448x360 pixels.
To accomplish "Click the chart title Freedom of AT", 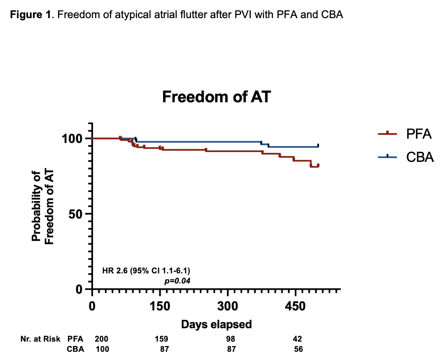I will (216, 97).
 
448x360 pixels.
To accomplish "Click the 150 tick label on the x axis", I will (160, 306).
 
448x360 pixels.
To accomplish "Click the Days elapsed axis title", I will (216, 324).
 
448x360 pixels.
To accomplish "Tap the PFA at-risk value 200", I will (101, 339).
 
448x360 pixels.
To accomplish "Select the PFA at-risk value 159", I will (161, 339).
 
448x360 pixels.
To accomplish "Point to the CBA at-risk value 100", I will (103, 349).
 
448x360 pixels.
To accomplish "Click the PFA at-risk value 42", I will (297, 339).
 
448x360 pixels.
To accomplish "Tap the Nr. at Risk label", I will (40, 339).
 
